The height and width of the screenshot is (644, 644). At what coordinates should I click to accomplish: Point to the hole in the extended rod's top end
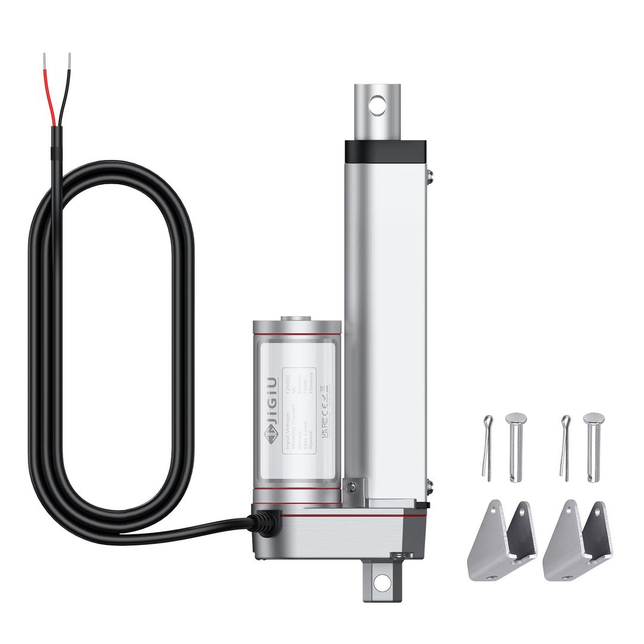[x=377, y=107]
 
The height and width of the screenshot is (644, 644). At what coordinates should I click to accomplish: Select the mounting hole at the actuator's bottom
[x=382, y=583]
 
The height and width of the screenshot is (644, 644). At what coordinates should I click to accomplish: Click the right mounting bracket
[x=577, y=540]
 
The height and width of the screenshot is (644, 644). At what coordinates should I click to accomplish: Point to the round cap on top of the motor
[x=296, y=320]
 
